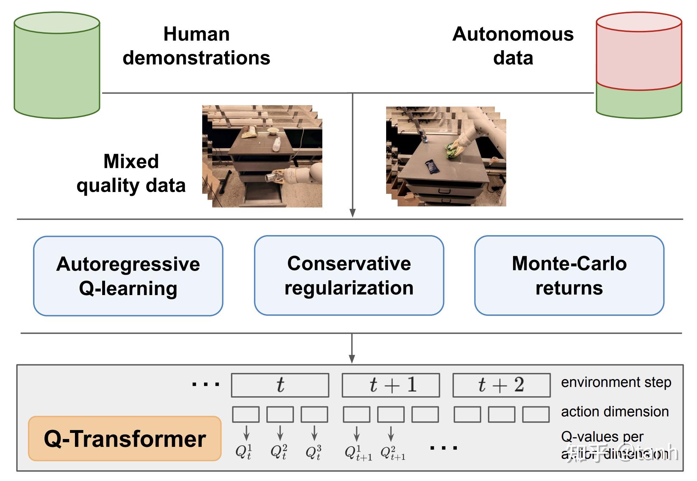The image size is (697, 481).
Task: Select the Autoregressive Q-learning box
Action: click(x=128, y=276)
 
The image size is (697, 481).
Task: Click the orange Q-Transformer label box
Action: click(x=125, y=439)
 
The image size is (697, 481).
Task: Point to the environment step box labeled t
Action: click(x=280, y=385)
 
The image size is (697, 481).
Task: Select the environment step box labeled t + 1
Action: click(x=391, y=385)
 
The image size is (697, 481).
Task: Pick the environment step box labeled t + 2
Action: click(x=501, y=385)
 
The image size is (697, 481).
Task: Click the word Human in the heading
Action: click(x=196, y=34)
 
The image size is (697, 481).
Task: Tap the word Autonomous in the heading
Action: click(x=513, y=34)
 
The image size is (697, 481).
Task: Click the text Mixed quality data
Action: click(x=131, y=173)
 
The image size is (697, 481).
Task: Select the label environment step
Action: click(x=616, y=382)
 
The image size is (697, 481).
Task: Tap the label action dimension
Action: click(x=615, y=412)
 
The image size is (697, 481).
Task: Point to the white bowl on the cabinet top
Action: click(x=273, y=131)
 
